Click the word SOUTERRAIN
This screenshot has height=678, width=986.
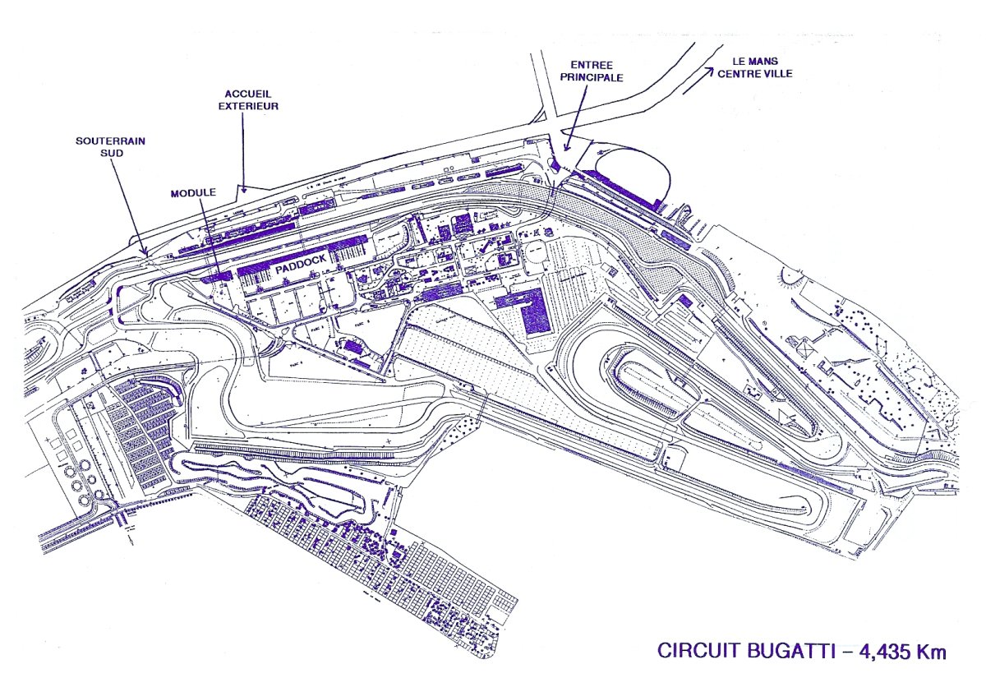[111, 141]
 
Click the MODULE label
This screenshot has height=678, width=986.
[193, 192]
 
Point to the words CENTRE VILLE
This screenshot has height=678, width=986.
[755, 73]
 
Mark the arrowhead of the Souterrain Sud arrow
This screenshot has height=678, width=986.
[145, 251]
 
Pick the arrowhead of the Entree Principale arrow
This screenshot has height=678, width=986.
[566, 151]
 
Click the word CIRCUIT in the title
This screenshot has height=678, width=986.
[697, 651]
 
